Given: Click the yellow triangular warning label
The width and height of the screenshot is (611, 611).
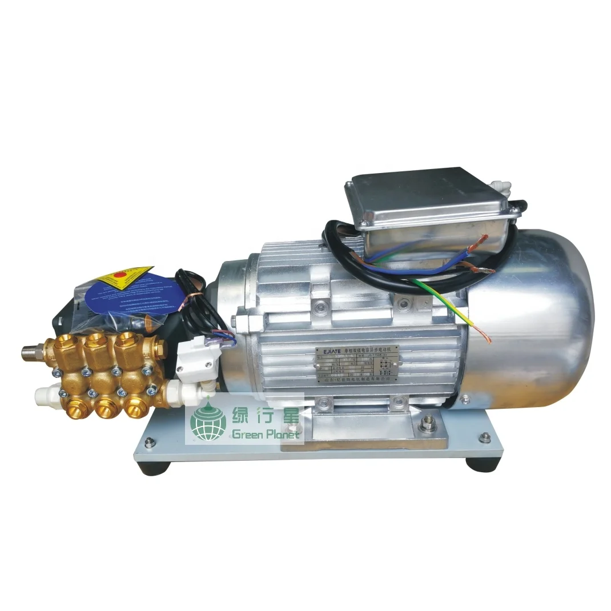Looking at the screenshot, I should coord(123,278).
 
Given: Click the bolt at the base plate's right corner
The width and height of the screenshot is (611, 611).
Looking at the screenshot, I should coord(485,437).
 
